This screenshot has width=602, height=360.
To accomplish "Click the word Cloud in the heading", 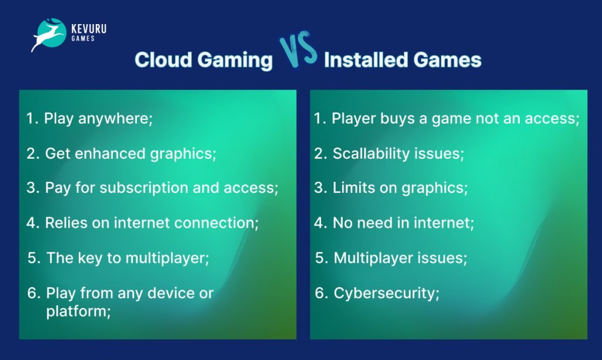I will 160,60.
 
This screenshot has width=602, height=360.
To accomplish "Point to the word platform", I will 78,311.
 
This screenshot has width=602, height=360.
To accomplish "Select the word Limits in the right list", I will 352,188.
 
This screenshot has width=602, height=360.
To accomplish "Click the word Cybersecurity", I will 386,293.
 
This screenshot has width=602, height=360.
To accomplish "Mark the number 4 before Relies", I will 32,224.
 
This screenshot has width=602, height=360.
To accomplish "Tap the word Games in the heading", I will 453,60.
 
